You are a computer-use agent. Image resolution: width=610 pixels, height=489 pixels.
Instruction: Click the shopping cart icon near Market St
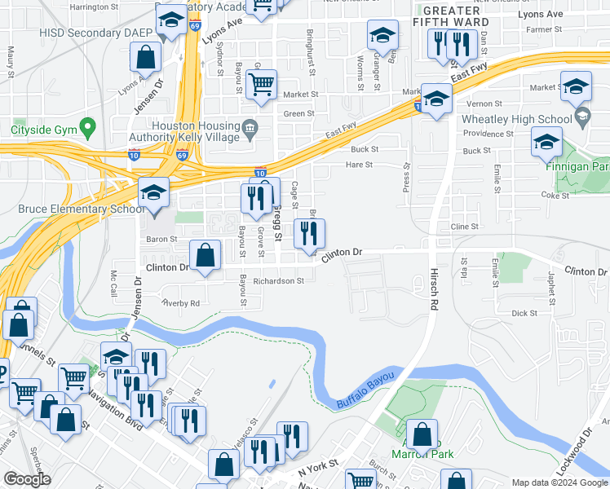coord(261,84)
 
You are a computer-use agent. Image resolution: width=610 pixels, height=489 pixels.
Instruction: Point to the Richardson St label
coord(278,281)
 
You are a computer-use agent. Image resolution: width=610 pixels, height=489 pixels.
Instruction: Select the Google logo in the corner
coord(27,479)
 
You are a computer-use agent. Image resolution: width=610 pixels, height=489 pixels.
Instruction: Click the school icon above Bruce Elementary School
coord(153,193)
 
